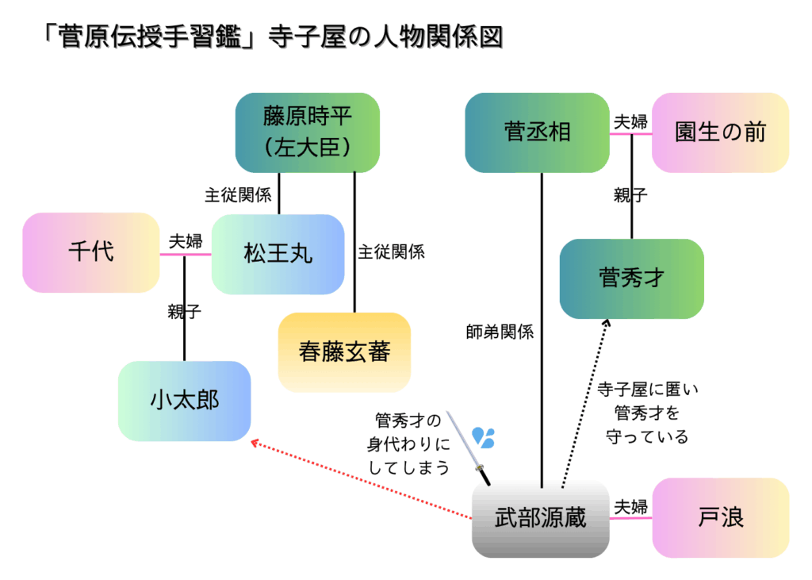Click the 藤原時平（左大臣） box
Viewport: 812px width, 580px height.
point(307,133)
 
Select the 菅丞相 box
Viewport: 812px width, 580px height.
point(537,133)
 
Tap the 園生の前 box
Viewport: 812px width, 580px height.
point(720,133)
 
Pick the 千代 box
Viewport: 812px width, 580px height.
point(91,252)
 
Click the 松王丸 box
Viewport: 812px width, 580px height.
point(278,254)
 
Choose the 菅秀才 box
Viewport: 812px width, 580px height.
point(631,278)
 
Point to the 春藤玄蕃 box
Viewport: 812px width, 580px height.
point(344,351)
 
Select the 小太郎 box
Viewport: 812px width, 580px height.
point(184,401)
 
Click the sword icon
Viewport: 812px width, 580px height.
point(468,447)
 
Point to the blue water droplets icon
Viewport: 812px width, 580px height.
point(483,436)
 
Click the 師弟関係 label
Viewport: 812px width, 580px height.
point(500,333)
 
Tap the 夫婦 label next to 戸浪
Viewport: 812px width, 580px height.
point(631,506)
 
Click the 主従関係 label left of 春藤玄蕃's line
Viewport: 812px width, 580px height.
point(237,195)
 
